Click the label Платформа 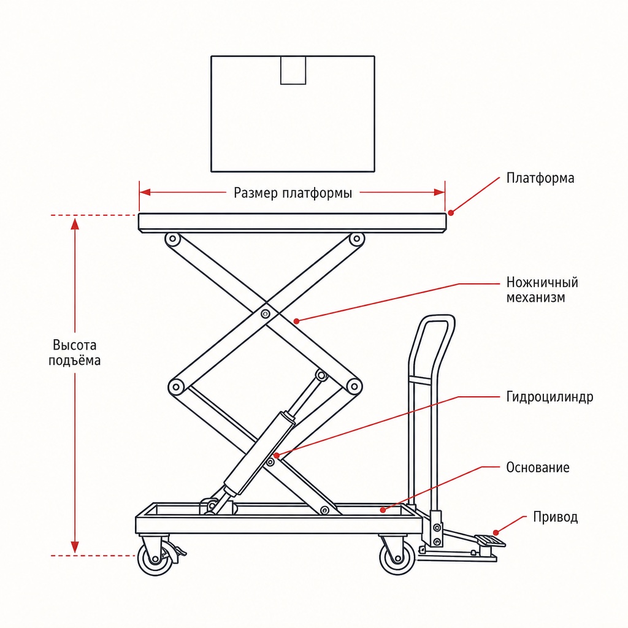point(540,178)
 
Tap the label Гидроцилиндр point(549,397)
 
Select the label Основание point(537,467)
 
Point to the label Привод point(555,518)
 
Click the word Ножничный point(542,282)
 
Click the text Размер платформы point(293,193)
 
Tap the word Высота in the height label point(74,345)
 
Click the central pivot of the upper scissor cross point(265,313)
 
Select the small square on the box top point(293,70)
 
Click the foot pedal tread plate point(489,541)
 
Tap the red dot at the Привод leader point(496,533)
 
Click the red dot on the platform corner point(451,213)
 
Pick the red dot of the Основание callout point(383,510)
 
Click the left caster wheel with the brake point(155,559)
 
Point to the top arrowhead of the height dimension point(75,223)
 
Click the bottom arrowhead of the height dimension point(75,547)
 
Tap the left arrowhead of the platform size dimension point(145,193)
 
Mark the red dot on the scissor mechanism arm point(296,321)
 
